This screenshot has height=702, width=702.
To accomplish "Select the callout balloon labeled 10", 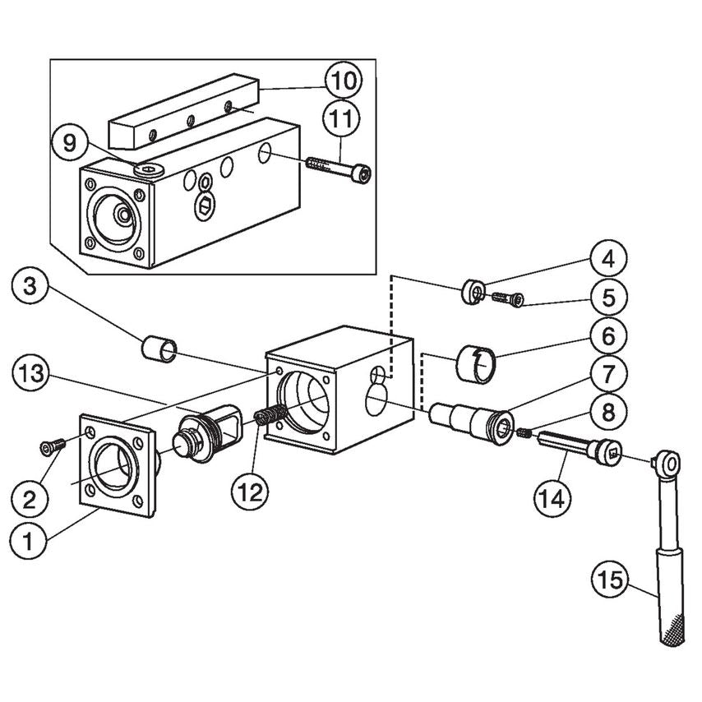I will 344,81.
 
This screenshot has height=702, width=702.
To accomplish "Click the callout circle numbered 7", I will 607,375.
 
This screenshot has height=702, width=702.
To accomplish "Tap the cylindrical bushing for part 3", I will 159,349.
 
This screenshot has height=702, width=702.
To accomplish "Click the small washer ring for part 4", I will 473,291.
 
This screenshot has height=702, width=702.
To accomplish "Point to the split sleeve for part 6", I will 478,363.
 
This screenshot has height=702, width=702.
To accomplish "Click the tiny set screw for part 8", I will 523,432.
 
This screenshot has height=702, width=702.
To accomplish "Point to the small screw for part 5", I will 507,299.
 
